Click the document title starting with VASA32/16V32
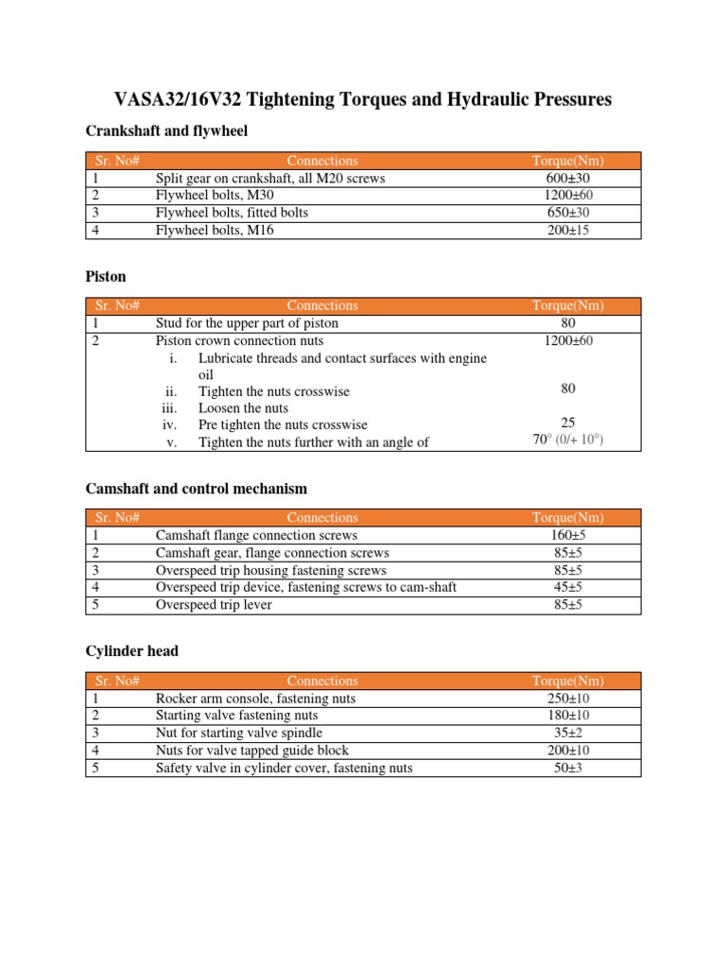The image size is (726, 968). click(x=363, y=99)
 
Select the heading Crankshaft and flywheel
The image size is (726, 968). click(x=166, y=131)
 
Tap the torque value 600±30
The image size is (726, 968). click(x=567, y=178)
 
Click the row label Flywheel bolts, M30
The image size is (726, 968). click(x=215, y=195)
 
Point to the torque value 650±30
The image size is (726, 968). click(x=567, y=213)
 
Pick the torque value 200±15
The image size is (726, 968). click(x=567, y=230)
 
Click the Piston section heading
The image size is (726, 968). click(x=106, y=277)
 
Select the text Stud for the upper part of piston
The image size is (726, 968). click(x=247, y=323)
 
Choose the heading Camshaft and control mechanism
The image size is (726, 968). click(x=196, y=489)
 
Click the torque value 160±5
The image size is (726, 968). click(x=567, y=535)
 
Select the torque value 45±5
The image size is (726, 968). click(x=567, y=587)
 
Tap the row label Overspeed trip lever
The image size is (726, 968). click(x=214, y=604)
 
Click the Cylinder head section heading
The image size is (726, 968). click(x=131, y=651)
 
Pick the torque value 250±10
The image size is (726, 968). click(x=567, y=699)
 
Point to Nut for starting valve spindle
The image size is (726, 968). click(x=239, y=733)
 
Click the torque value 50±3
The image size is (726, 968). click(x=567, y=768)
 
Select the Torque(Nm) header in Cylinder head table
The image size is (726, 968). click(x=567, y=681)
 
